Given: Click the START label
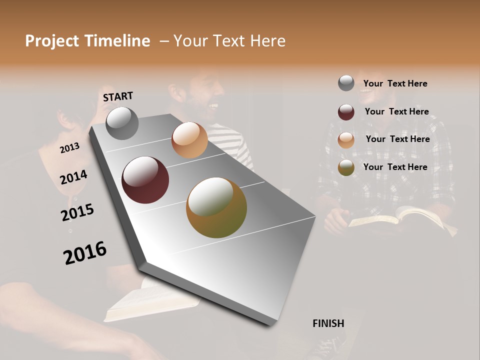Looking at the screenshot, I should tap(118, 96).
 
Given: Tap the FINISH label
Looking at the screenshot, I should tap(328, 323).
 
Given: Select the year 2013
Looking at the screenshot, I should tap(69, 148).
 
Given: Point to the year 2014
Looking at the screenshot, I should tap(73, 177).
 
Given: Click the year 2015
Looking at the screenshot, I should tap(77, 212).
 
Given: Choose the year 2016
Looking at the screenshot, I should tap(85, 253).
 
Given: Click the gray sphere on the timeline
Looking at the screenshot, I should tap(122, 123).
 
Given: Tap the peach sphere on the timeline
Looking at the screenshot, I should tap(189, 140).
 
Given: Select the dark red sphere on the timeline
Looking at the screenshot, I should tap(145, 180).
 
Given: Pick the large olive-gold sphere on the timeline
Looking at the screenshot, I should tap(216, 207).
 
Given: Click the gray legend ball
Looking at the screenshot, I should tap(346, 83).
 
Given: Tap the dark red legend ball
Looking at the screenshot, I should tap(346, 112).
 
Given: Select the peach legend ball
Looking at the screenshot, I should tap(346, 140).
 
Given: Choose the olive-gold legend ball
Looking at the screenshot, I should tap(346, 167).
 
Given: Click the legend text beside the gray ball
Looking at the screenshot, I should tap(395, 83).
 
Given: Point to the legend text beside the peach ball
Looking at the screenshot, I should tap(397, 139).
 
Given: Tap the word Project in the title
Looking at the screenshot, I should tap(51, 41).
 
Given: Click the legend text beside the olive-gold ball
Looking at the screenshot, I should tap(395, 167).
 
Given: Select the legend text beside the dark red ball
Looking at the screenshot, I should tap(396, 111).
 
